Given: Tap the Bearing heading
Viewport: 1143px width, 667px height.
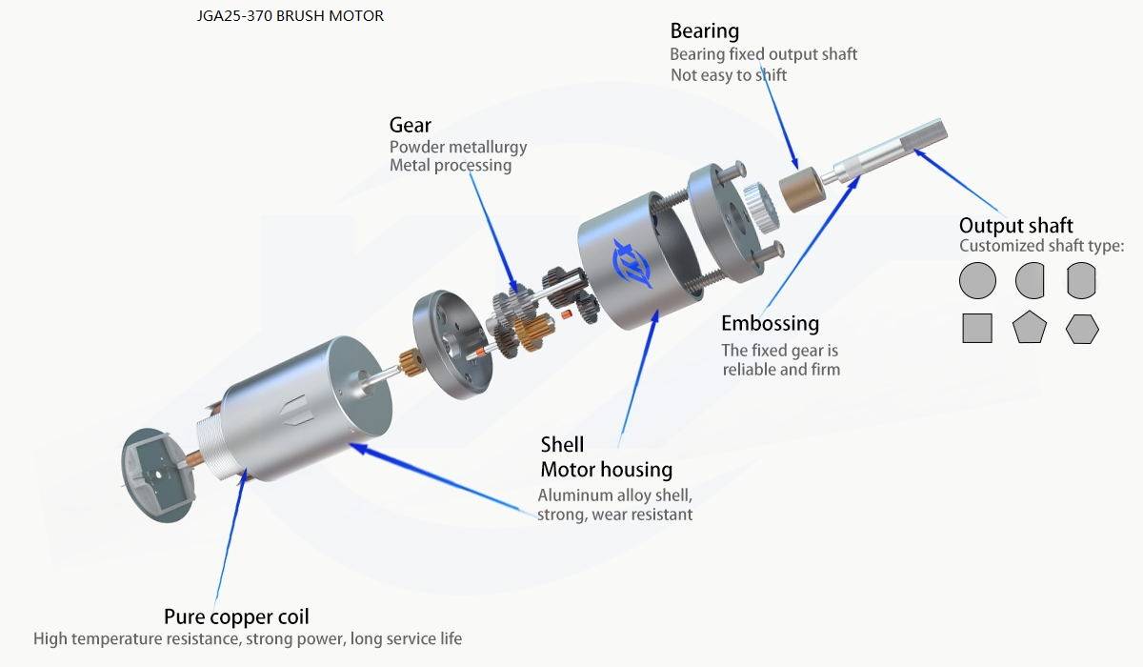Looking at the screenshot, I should tap(704, 31).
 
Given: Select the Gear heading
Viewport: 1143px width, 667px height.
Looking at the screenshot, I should tap(410, 125).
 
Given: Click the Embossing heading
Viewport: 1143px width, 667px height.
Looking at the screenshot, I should tap(770, 323).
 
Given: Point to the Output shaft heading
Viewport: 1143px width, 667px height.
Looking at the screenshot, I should tap(1015, 226).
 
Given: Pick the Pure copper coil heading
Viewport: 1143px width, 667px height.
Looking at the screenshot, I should tap(236, 616).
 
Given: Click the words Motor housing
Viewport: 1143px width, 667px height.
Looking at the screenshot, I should tap(606, 470).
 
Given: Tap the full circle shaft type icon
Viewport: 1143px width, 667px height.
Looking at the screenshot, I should tap(977, 281).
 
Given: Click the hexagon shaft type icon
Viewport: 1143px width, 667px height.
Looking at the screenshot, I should tap(1082, 329).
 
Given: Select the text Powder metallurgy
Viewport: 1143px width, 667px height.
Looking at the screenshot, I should tap(457, 148).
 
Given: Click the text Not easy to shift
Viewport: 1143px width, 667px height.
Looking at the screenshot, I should tap(729, 75).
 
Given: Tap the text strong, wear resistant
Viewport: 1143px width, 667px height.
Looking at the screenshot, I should tap(614, 515).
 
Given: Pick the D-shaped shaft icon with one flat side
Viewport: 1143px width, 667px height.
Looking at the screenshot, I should tap(1030, 281).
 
